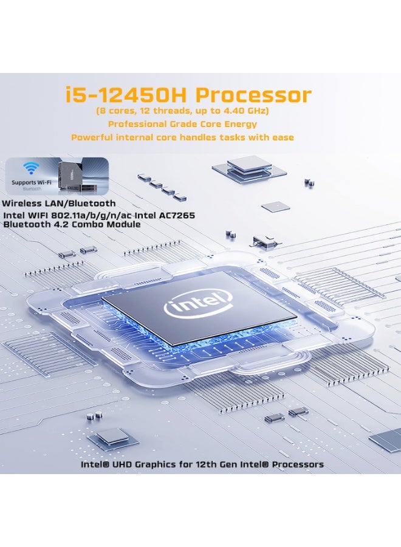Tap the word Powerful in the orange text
pos(93,137)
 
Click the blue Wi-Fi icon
pos(29,168)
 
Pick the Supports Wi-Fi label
pos(30,182)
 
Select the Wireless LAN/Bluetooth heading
pos(58,204)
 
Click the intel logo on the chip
pos(198,303)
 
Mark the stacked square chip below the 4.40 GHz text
pos(248,166)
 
